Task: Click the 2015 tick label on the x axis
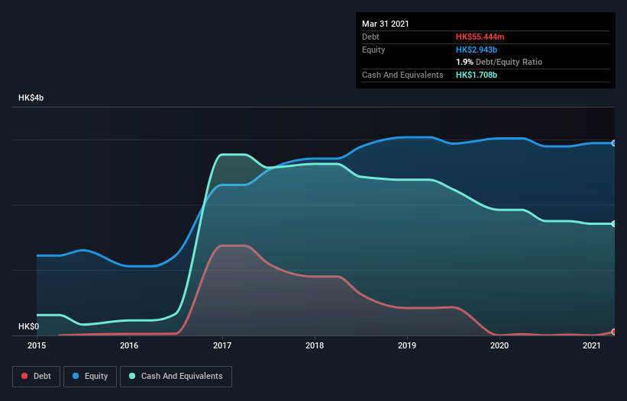[37, 346]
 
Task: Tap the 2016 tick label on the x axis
[129, 346]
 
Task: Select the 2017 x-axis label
[221, 346]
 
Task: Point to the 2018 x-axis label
[314, 346]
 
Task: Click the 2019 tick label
[406, 346]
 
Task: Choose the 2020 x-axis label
[499, 346]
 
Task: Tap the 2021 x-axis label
[591, 346]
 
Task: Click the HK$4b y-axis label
[31, 98]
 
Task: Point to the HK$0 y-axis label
[28, 326]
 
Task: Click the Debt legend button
[36, 376]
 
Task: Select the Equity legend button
[90, 376]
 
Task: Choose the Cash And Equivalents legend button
[176, 376]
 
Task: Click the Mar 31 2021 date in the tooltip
[386, 24]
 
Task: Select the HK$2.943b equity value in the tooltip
[477, 50]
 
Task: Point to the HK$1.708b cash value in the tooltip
[477, 75]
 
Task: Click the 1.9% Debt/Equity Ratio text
[499, 62]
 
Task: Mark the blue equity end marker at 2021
[614, 143]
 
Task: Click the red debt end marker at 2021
[614, 332]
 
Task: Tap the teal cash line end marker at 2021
[614, 223]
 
